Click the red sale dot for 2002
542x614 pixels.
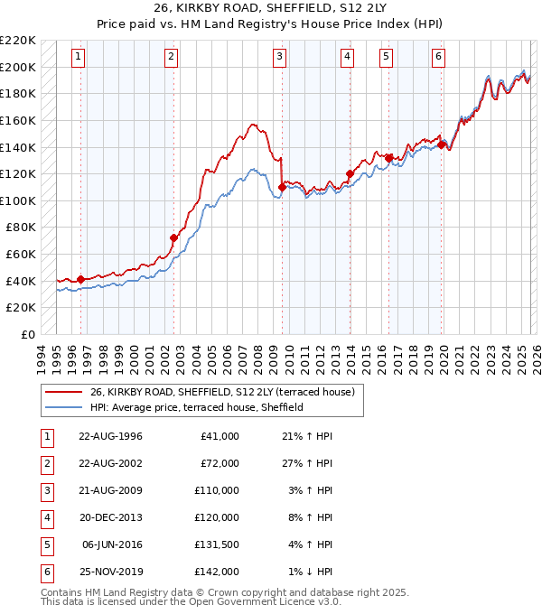173,237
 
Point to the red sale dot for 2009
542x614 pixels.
283,187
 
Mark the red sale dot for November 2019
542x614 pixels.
441,144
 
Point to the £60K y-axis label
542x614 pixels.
21,255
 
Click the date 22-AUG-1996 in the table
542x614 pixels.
110,436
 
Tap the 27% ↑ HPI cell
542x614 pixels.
307,463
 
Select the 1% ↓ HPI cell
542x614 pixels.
307,572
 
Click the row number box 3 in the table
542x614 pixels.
46,490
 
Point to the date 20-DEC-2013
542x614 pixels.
110,517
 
